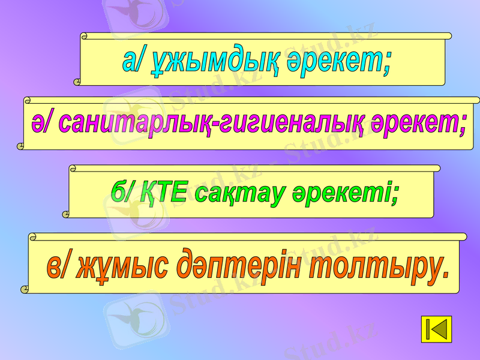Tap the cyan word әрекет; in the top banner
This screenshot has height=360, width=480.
(x=338, y=61)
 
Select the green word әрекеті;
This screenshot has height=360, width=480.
(x=345, y=193)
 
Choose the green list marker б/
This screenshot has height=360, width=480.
(x=124, y=192)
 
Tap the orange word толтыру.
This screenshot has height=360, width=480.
(x=377, y=267)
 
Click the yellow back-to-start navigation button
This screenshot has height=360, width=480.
(x=436, y=329)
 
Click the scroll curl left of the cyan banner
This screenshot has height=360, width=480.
(x=77, y=80)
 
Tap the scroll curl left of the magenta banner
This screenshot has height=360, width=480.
(x=21, y=145)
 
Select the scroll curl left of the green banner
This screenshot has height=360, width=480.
(x=66, y=212)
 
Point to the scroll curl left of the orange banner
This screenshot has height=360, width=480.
(x=26, y=289)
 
